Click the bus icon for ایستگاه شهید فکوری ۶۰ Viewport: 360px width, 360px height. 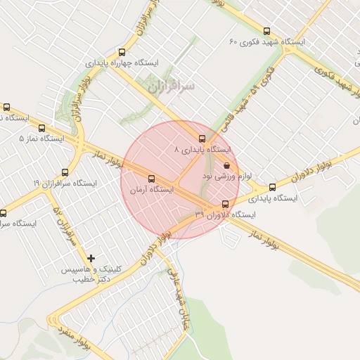[x=266, y=31]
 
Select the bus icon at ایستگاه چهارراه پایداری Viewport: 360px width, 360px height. [x=122, y=52]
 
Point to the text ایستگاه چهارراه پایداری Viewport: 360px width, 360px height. [x=122, y=63]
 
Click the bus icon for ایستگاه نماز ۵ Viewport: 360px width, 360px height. [x=42, y=129]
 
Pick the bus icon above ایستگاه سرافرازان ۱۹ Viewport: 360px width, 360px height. [x=65, y=172]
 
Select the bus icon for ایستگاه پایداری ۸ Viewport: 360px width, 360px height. [x=202, y=139]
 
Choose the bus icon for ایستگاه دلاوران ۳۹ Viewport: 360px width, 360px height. [x=225, y=204]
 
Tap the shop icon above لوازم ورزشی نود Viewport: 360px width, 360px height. [x=226, y=166]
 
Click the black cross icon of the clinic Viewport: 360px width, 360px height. [x=91, y=258]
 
